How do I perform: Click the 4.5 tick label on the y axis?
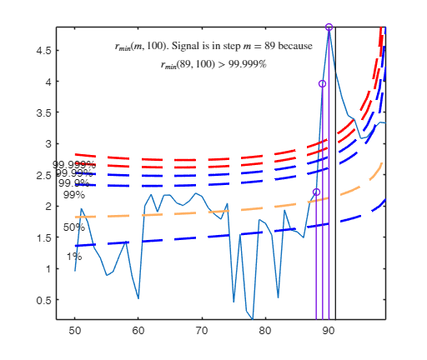43,50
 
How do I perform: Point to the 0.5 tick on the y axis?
43,300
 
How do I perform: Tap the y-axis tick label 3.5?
43,112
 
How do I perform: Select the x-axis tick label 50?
75,331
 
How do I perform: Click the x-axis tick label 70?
201,331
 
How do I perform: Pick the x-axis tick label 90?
329,331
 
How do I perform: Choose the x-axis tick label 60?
138,331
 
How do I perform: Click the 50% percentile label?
74,227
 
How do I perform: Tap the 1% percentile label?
74,256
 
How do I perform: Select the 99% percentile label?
74,194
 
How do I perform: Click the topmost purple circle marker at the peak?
329,27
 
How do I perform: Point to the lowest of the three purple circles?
316,192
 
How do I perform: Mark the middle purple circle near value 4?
323,84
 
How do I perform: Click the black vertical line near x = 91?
335,208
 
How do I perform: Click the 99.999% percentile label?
74,165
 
